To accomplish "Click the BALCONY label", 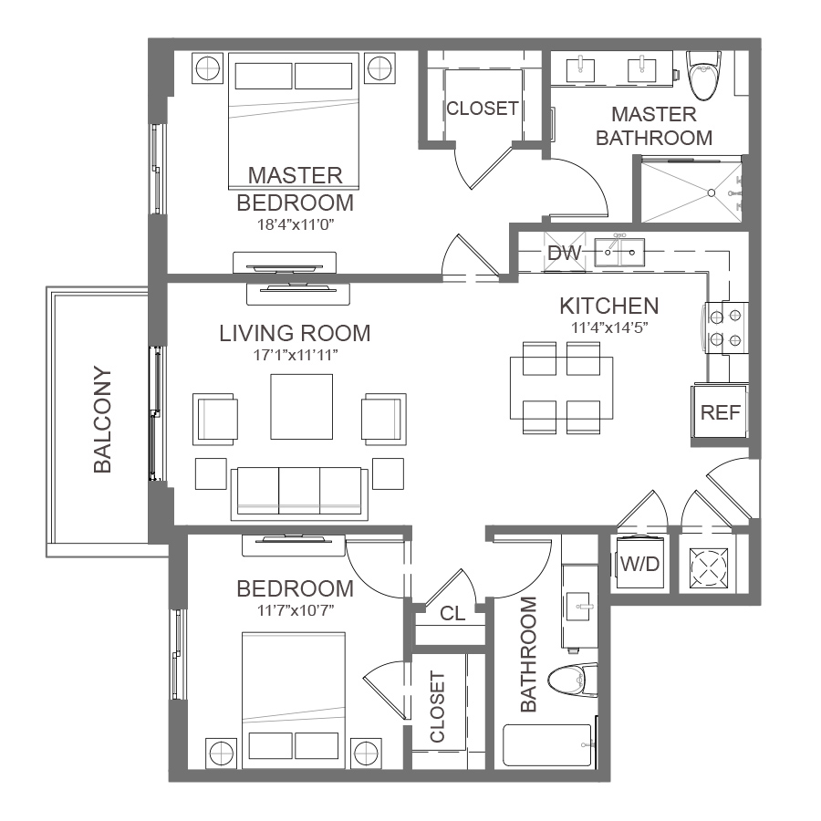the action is click(x=102, y=420).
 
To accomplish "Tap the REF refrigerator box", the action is click(x=720, y=411).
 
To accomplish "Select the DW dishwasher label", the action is click(x=565, y=253).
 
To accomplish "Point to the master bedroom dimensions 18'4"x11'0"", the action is click(x=296, y=224).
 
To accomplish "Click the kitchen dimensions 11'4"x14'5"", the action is click(x=609, y=327).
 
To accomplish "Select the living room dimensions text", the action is click(x=296, y=355).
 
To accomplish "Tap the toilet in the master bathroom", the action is click(x=702, y=75).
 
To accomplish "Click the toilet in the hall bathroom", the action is click(x=573, y=681).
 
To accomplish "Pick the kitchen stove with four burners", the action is click(x=725, y=328).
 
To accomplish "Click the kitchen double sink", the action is click(x=619, y=253).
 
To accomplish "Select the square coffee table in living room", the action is click(x=302, y=407).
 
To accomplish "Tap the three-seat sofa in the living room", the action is click(x=299, y=494).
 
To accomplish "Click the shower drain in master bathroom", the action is click(x=711, y=193).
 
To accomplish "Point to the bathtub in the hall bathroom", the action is click(x=547, y=745).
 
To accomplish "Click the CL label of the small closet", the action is click(x=452, y=613).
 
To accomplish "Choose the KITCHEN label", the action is click(x=609, y=307).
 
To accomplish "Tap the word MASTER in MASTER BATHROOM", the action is click(x=653, y=114).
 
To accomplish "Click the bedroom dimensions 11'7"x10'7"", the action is click(x=296, y=610).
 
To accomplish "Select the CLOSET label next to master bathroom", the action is click(x=483, y=109).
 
